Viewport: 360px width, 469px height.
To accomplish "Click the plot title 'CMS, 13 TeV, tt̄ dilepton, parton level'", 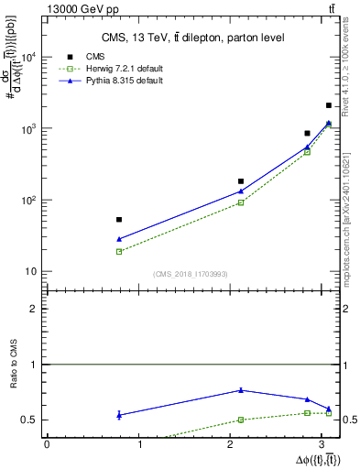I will click(x=192, y=38).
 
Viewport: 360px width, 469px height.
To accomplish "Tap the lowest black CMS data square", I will click(x=119, y=220).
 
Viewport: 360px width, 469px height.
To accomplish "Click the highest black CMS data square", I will click(x=329, y=105).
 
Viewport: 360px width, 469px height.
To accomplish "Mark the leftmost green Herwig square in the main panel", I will click(x=119, y=251).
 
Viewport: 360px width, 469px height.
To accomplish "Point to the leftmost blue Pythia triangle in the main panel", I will click(x=119, y=239).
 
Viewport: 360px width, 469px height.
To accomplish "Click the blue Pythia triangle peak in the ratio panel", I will click(x=241, y=390).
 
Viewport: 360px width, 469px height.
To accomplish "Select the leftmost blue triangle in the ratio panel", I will click(x=119, y=415).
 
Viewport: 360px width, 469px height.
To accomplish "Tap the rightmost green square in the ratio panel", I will click(x=329, y=414).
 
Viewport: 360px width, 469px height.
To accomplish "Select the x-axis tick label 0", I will click(x=47, y=444).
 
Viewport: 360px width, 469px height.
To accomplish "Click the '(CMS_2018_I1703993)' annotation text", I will click(x=191, y=274).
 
